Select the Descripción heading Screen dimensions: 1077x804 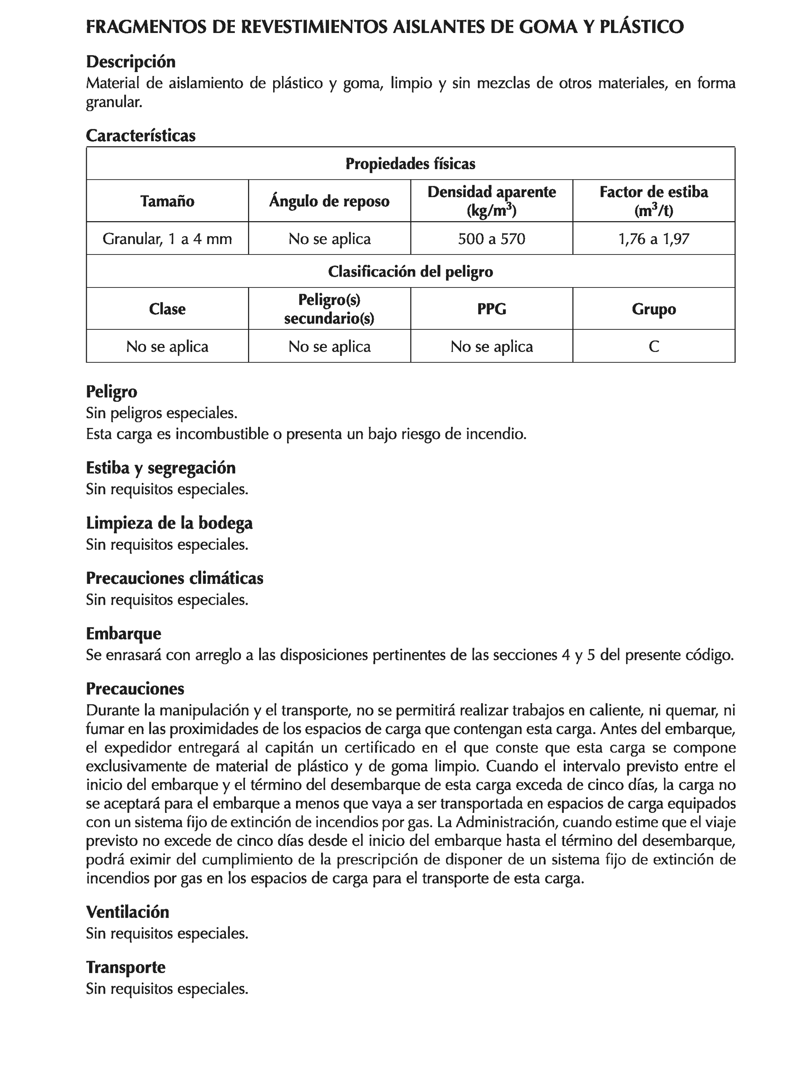[x=130, y=62]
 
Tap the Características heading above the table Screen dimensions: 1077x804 [x=141, y=135]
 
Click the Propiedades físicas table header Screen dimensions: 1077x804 [x=410, y=164]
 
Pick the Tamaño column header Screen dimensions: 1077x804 [x=167, y=201]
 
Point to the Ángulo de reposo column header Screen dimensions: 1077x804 [x=329, y=201]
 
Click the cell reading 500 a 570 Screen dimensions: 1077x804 [x=491, y=239]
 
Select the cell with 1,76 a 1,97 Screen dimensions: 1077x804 [x=653, y=239]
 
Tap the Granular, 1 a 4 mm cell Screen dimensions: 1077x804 [x=167, y=239]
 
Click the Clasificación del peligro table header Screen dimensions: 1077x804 [x=410, y=271]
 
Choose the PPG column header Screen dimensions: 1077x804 [x=491, y=309]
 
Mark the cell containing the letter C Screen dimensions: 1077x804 [x=653, y=346]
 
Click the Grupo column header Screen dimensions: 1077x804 [x=653, y=309]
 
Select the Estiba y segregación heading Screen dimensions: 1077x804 [x=160, y=468]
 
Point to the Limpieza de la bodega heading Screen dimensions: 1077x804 [x=169, y=523]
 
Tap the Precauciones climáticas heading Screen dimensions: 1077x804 [x=175, y=578]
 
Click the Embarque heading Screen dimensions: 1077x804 [x=124, y=634]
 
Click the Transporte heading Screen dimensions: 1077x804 [x=126, y=966]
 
